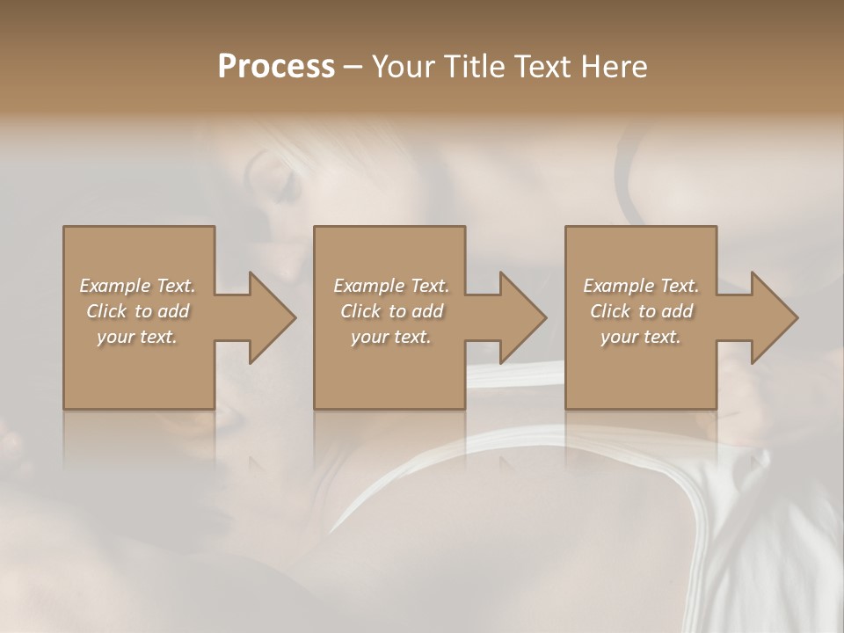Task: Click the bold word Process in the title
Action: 276,66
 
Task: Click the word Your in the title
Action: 403,66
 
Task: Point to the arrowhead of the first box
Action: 268,317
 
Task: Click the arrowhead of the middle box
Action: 520,317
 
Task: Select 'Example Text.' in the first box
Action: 137,286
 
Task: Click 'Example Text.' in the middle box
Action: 390,286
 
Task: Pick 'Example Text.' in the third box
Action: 641,286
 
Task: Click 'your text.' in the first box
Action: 137,337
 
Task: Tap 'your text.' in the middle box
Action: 390,337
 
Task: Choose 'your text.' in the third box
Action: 641,337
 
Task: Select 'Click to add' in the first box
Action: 137,311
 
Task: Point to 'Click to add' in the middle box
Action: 390,311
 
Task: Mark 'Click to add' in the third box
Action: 641,311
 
